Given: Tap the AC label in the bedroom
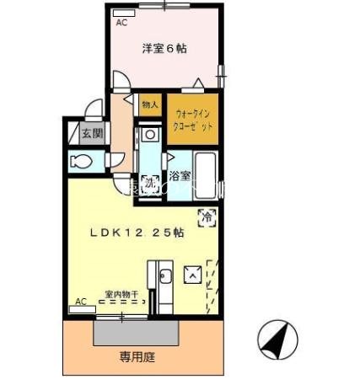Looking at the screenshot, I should (x=121, y=23).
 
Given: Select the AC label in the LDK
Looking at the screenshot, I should (x=81, y=301).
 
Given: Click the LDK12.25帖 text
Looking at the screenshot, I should (x=138, y=233).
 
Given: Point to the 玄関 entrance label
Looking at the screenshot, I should (x=91, y=132).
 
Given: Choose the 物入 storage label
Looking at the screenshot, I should (x=150, y=104).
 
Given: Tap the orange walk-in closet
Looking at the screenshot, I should (x=193, y=118).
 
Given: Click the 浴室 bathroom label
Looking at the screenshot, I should (x=179, y=177).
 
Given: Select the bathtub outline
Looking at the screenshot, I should (x=206, y=171).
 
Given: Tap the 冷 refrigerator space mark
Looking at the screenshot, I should (x=207, y=217).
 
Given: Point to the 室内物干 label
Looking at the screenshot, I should (x=122, y=294).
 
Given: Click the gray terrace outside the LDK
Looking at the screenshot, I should (x=137, y=332).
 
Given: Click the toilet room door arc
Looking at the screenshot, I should (x=117, y=159).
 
